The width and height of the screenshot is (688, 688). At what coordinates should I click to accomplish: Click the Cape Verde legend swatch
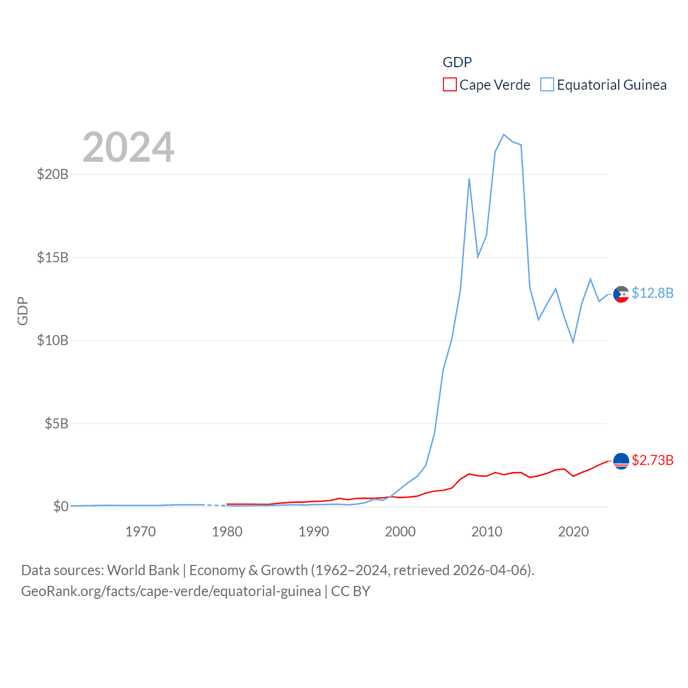(449, 85)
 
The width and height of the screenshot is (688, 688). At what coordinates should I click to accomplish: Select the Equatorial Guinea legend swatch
(547, 85)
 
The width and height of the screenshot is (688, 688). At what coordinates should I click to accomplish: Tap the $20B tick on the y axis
(53, 174)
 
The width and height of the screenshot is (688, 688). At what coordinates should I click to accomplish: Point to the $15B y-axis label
(53, 257)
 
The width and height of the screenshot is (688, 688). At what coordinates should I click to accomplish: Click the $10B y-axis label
(53, 340)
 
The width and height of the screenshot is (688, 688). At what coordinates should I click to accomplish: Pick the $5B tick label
(56, 424)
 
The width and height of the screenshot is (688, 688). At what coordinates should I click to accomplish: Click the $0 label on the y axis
(61, 506)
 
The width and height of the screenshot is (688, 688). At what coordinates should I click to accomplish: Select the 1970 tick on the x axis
(140, 532)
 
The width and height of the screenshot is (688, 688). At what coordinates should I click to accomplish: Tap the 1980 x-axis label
(227, 532)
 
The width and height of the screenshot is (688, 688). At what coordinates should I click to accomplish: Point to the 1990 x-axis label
(313, 532)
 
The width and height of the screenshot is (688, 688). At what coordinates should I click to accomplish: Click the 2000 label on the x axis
(400, 532)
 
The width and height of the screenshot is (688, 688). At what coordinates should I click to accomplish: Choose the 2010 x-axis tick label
(486, 532)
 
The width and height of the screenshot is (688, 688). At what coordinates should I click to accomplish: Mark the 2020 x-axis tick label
(574, 532)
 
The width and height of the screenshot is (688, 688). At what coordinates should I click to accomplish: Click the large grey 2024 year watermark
(128, 147)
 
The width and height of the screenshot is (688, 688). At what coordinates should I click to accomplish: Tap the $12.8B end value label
(653, 293)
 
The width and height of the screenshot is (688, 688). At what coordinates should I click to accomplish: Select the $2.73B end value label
(653, 460)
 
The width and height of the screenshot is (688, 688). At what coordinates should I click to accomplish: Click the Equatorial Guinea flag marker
(621, 295)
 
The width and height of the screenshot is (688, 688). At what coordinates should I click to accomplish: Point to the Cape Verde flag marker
(621, 461)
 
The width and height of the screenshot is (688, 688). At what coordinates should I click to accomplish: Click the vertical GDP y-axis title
(23, 311)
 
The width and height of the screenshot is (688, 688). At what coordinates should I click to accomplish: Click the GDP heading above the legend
(457, 62)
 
